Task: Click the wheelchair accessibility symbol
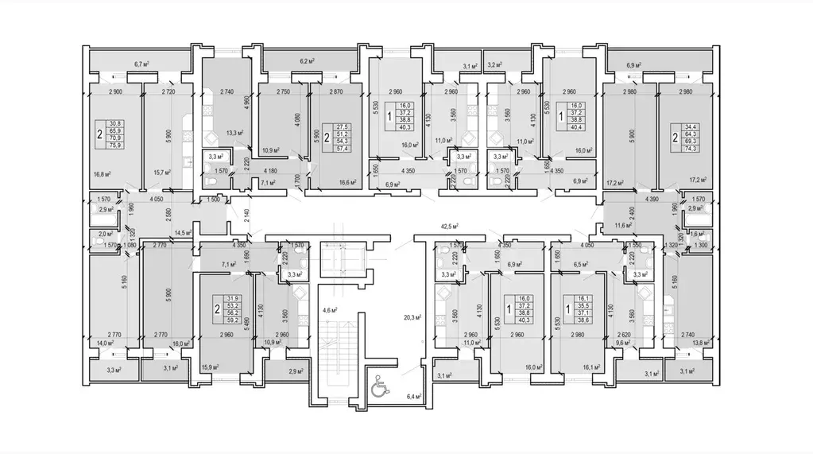click(x=379, y=387)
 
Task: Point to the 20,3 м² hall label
click(x=412, y=316)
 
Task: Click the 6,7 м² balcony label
click(x=143, y=64)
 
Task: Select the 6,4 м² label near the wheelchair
click(x=412, y=395)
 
